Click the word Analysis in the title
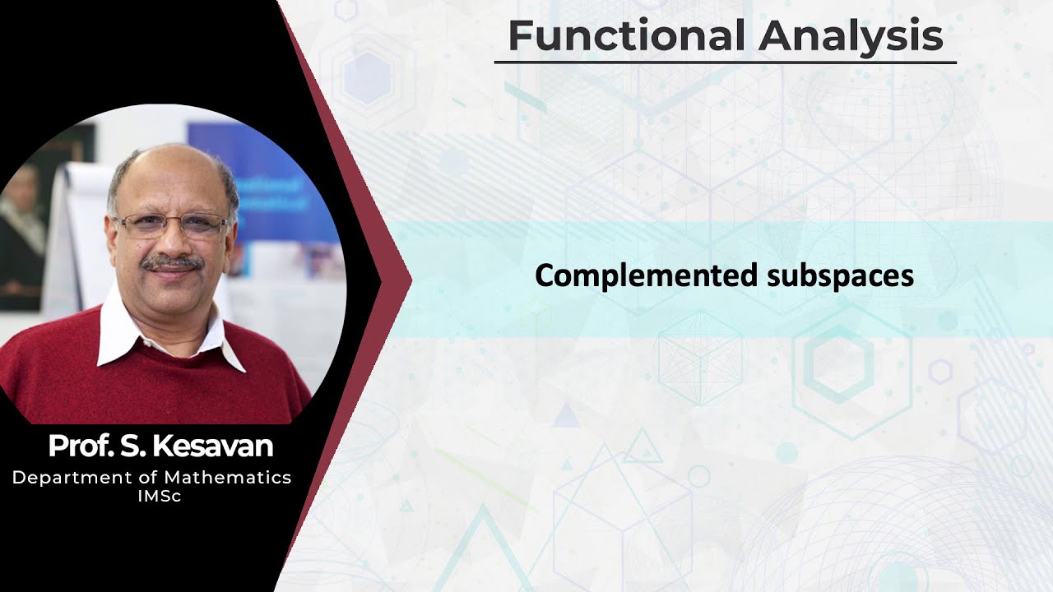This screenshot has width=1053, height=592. [x=851, y=35]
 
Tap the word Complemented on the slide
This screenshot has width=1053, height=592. [x=647, y=275]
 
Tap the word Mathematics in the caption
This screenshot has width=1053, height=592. [x=227, y=478]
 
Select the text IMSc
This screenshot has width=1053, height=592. [x=160, y=497]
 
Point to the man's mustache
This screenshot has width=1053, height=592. [x=171, y=263]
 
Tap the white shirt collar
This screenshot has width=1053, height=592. [x=119, y=333]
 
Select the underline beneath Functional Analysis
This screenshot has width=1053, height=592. [x=725, y=62]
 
